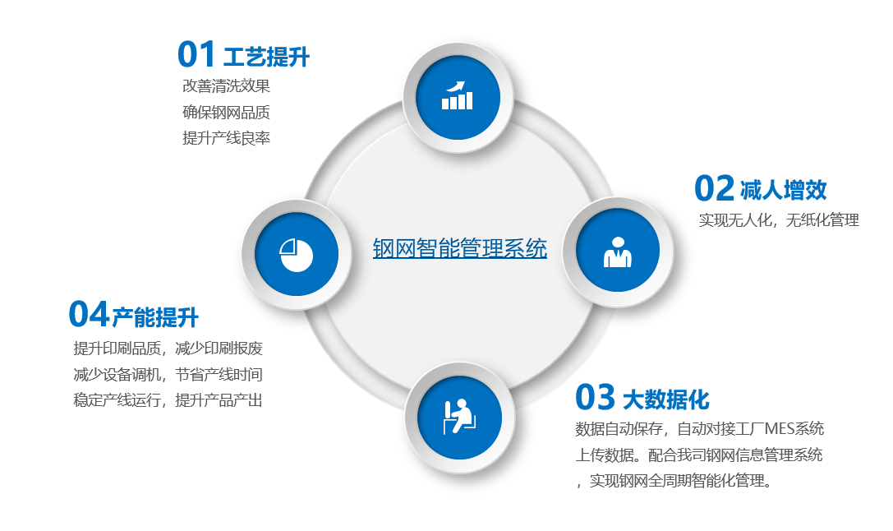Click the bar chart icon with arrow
pyautogui.click(x=458, y=95)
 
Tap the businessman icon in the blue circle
pyautogui.click(x=617, y=252)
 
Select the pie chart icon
pyautogui.click(x=296, y=255)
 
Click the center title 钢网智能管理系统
pyautogui.click(x=459, y=248)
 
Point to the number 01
pyautogui.click(x=196, y=54)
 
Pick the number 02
pyautogui.click(x=714, y=188)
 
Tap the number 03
pyautogui.click(x=595, y=396)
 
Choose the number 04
pyautogui.click(x=88, y=314)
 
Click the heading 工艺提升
pyautogui.click(x=266, y=57)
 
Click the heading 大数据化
pyautogui.click(x=665, y=399)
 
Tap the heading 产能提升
pyautogui.click(x=155, y=317)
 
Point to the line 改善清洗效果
pyautogui.click(x=226, y=86)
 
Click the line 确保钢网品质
pyautogui.click(x=226, y=113)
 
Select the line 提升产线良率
pyautogui.click(x=226, y=138)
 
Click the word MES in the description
pyautogui.click(x=783, y=428)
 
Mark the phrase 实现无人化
pyautogui.click(x=735, y=220)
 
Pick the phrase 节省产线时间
pyautogui.click(x=219, y=374)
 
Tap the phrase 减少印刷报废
pyautogui.click(x=219, y=349)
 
